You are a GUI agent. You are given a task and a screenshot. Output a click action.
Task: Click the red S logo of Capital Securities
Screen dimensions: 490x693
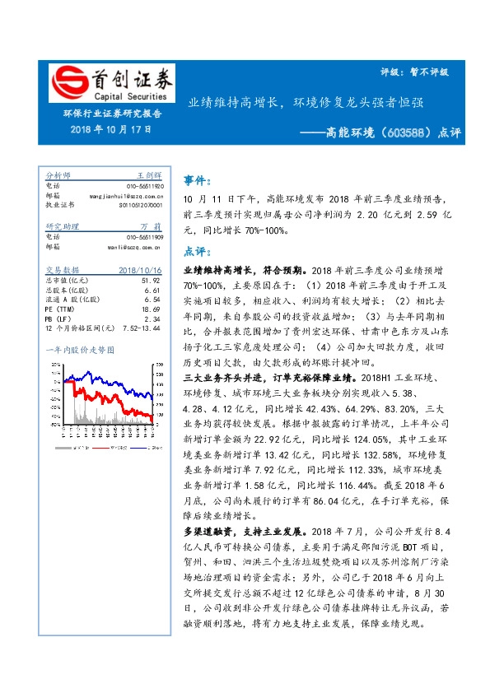67,82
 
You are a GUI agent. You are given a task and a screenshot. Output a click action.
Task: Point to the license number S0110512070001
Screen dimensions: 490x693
141,204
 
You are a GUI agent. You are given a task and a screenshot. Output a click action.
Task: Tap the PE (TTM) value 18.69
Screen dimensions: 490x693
150,308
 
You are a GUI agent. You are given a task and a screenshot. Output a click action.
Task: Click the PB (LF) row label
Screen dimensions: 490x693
57,318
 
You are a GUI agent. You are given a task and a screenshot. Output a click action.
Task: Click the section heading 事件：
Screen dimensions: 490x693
195,179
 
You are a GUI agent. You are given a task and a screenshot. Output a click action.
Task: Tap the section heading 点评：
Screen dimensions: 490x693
195,251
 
